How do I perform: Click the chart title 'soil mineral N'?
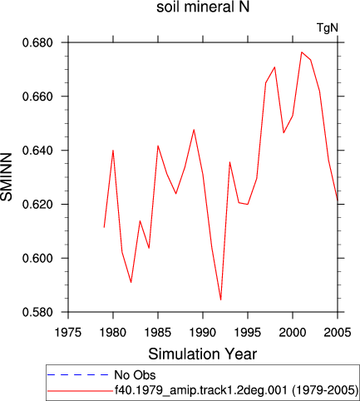click(x=203, y=7)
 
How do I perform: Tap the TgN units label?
click(x=328, y=27)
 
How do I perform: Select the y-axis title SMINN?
click(x=7, y=177)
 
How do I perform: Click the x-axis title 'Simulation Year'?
click(x=203, y=354)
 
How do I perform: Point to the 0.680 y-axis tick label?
click(x=37, y=43)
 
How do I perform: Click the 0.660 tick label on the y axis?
click(x=37, y=97)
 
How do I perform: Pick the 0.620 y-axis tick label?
click(x=37, y=205)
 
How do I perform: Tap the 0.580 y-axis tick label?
click(x=37, y=312)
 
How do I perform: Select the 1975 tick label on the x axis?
click(x=68, y=332)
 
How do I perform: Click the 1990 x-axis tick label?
click(x=203, y=332)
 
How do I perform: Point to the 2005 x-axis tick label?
click(x=338, y=332)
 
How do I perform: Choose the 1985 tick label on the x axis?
click(x=158, y=332)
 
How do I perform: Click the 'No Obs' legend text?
click(x=135, y=375)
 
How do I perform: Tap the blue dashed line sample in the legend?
click(x=77, y=375)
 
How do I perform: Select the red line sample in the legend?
click(x=80, y=391)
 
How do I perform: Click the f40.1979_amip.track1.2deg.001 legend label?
click(x=201, y=390)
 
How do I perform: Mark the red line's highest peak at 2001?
click(x=302, y=52)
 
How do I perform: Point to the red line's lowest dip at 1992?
click(x=220, y=300)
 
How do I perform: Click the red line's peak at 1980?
click(x=113, y=150)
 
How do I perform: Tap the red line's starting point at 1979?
click(x=104, y=227)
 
